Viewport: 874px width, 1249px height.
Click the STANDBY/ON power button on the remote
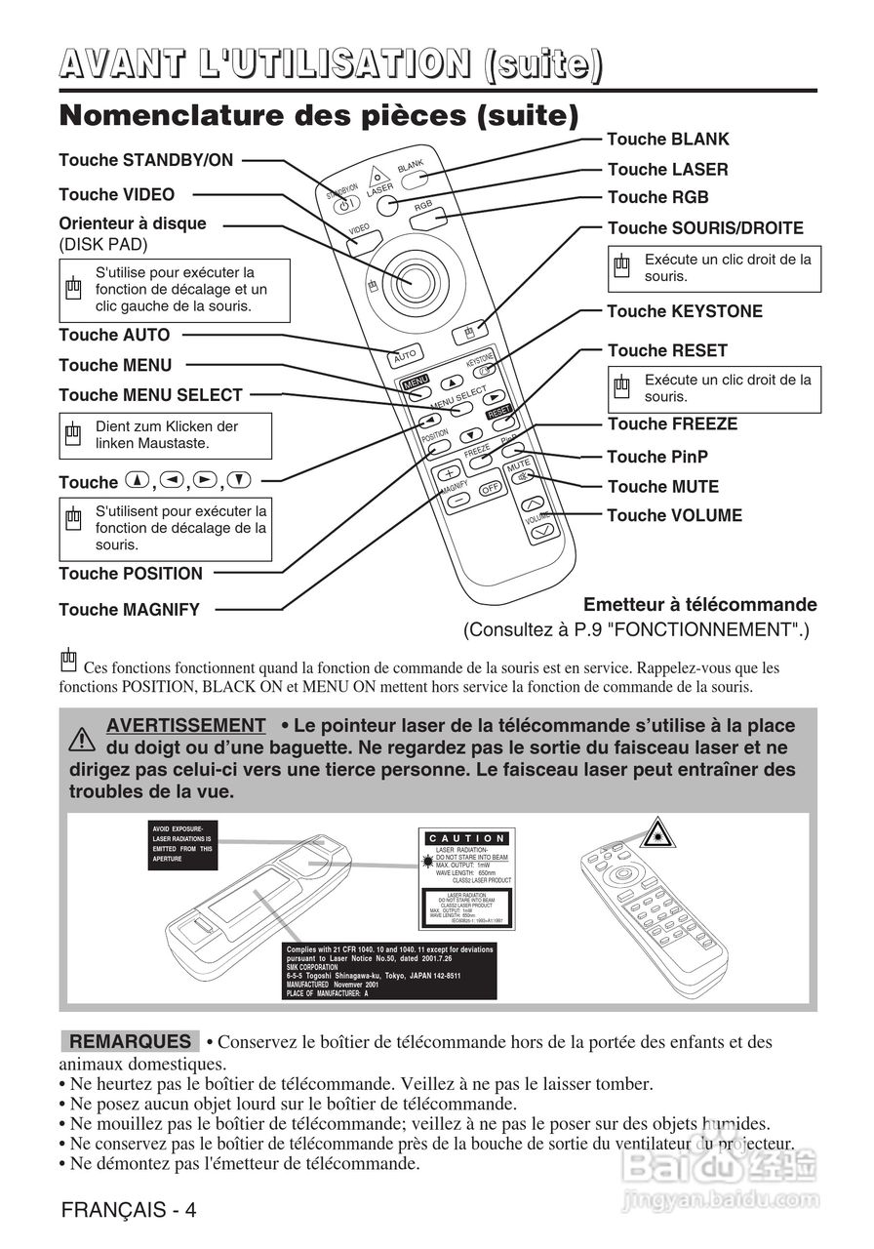coord(344,204)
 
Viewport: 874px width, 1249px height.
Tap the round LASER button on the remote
coord(388,205)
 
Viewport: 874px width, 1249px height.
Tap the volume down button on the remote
coord(543,529)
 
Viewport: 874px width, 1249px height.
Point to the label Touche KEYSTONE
coord(685,311)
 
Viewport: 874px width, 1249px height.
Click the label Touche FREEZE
coord(672,423)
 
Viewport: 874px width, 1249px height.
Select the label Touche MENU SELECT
coord(150,395)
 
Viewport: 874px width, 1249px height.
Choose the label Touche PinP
coord(657,457)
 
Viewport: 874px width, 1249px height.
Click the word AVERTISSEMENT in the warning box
coord(185,726)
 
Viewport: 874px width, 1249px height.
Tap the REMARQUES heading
coord(130,1042)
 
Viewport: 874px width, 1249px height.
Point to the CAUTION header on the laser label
coord(467,838)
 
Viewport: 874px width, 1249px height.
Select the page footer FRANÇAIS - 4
coord(129,1211)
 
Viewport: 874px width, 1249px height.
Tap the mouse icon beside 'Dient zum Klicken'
coord(73,433)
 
